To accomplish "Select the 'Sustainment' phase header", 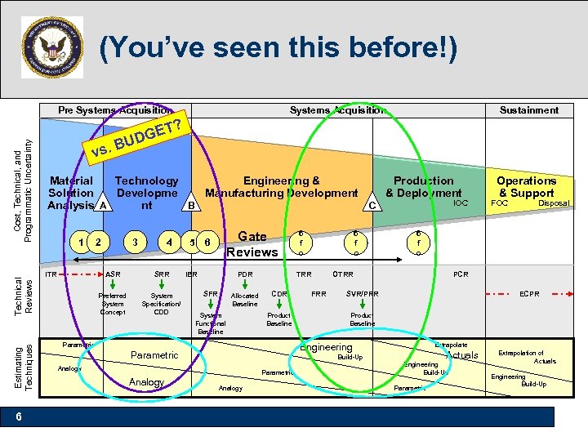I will (x=529, y=110).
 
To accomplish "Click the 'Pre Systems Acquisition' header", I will (x=114, y=110).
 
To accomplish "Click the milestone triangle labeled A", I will (x=103, y=205).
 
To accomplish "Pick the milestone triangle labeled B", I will (x=190, y=205).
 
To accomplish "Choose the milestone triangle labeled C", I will (x=372, y=205).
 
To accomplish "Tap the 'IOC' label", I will (x=461, y=203).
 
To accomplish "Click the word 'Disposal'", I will (x=554, y=203).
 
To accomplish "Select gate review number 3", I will (x=135, y=241).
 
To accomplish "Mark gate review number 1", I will (x=79, y=241).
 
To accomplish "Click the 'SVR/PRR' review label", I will (x=362, y=293).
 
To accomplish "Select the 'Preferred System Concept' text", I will (x=113, y=303).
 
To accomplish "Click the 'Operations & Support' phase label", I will (x=527, y=186).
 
